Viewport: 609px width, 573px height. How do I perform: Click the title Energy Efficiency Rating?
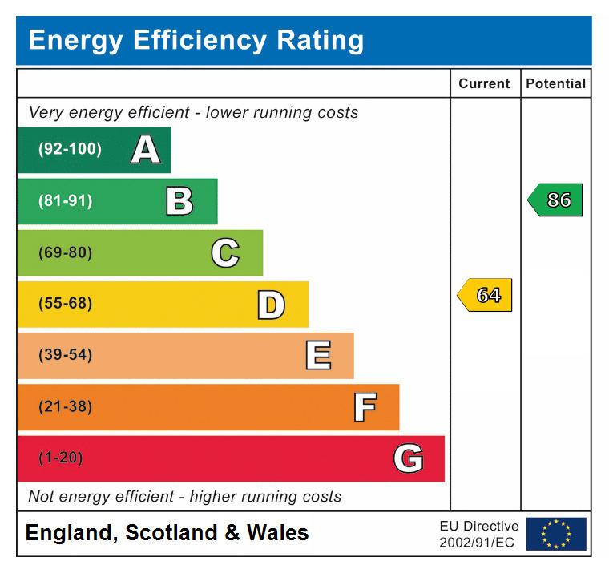coord(196,40)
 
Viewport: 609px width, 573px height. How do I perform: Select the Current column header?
coord(484,83)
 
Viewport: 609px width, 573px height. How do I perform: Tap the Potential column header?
coord(555,83)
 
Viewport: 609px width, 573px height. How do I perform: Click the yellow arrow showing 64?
coord(486,295)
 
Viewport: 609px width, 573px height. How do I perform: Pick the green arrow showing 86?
coord(556,200)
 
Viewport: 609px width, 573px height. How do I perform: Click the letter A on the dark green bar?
coord(145,150)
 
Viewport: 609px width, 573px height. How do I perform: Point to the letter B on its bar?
coord(179,201)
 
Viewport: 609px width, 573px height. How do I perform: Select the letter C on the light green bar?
coord(225,253)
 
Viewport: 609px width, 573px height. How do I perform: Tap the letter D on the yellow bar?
coord(271,305)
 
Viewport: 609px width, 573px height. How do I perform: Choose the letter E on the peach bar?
coord(318,356)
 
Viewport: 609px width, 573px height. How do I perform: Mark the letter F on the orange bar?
coord(365,407)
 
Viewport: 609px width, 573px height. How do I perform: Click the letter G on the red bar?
coord(408,458)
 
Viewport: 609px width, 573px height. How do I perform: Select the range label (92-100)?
coord(70,150)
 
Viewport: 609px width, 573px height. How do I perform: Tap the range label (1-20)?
coord(61,458)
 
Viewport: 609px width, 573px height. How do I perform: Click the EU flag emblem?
coord(556,534)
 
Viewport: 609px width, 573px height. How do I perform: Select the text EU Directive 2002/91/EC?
coord(478,534)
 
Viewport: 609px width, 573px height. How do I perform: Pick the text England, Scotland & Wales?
coord(167,533)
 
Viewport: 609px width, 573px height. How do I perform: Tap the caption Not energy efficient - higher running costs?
coord(185,497)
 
